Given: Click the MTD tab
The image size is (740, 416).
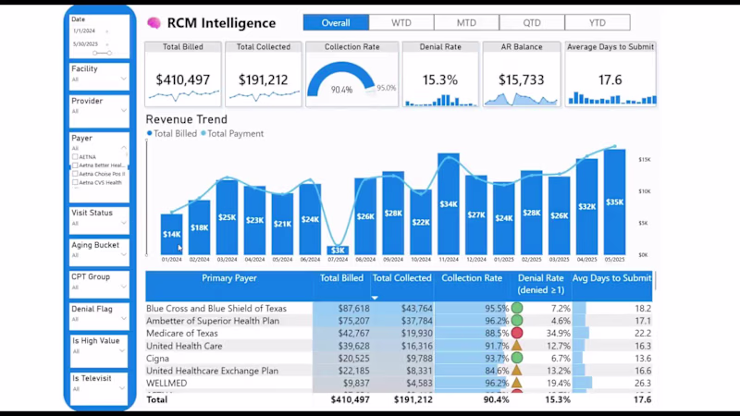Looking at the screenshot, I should tap(466, 22).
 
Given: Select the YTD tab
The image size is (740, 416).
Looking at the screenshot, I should tap(598, 22).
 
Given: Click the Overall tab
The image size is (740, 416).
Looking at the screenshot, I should tap(336, 22).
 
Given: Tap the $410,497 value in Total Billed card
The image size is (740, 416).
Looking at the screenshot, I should tap(184, 80).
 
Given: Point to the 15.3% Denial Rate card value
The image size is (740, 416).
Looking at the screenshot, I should tap(440, 80).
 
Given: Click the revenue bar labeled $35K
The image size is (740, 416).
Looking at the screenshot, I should tap(614, 202).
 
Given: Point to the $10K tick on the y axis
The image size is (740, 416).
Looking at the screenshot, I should tap(644, 191).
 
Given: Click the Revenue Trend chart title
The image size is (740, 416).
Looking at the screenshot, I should tap(186, 119).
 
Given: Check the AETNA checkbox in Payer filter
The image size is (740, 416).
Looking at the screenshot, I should tap(75, 157).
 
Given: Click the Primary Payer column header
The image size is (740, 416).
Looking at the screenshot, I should tap(228, 277).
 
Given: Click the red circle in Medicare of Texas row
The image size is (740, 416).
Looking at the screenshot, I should tap(517, 333).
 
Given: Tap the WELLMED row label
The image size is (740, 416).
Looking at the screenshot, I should tap(167, 383).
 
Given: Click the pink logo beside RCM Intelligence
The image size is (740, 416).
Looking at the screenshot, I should tap(154, 23).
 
